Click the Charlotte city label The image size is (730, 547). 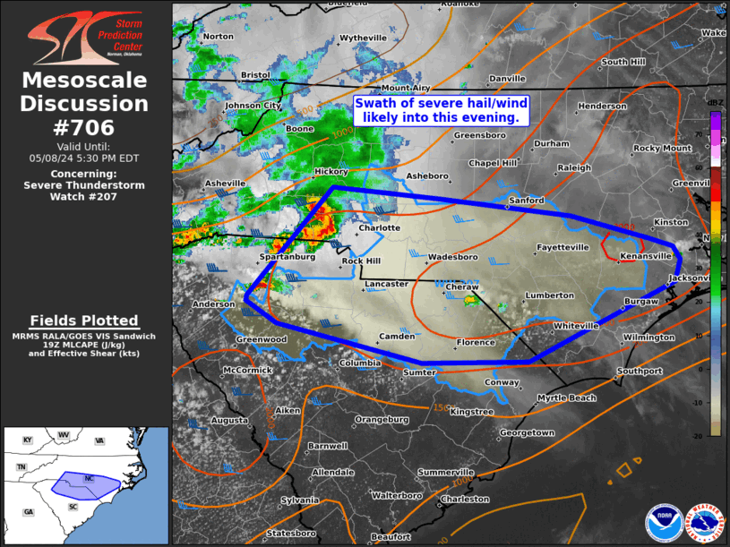[379, 228]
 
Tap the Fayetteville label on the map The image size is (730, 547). [563, 247]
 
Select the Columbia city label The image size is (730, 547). [359, 363]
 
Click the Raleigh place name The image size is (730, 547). [574, 168]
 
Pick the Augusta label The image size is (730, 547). [230, 421]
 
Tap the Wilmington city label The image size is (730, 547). [649, 338]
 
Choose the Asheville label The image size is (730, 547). [225, 184]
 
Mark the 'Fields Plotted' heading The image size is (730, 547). [84, 321]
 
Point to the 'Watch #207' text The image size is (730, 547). [84, 196]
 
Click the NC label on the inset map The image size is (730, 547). [88, 479]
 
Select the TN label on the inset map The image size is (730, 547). [21, 467]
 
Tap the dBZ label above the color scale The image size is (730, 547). [715, 103]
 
